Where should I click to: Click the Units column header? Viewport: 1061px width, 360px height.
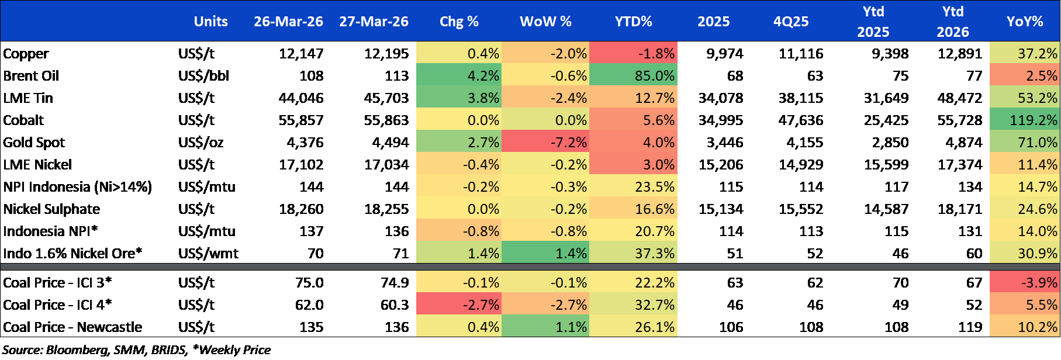pyautogui.click(x=210, y=22)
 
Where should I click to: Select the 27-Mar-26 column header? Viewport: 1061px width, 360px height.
pyautogui.click(x=374, y=22)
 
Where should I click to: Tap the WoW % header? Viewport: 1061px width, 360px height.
pyautogui.click(x=545, y=22)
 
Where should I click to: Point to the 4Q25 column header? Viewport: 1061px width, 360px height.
pyautogui.click(x=791, y=22)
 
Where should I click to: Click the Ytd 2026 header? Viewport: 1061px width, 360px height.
pyautogui.click(x=952, y=22)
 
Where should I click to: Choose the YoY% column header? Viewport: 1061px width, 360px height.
pyautogui.click(x=1024, y=22)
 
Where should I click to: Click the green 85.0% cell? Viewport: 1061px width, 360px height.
pyautogui.click(x=634, y=76)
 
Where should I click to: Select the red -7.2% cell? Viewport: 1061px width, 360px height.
pyautogui.click(x=545, y=143)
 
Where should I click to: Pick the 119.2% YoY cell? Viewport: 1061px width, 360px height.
pyautogui.click(x=1024, y=120)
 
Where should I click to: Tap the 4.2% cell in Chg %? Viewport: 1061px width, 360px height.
pyautogui.click(x=459, y=76)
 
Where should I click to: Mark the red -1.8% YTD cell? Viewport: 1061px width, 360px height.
pyautogui.click(x=634, y=54)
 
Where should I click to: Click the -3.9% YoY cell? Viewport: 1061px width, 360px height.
pyautogui.click(x=1024, y=283)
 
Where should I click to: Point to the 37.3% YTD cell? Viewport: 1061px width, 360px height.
pyautogui.click(x=634, y=254)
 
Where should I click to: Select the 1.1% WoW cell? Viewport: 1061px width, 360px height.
pyautogui.click(x=545, y=327)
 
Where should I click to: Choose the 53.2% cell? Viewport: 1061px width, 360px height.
pyautogui.click(x=1024, y=98)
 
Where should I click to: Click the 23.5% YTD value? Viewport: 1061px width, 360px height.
pyautogui.click(x=634, y=187)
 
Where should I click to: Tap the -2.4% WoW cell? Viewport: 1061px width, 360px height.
pyautogui.click(x=545, y=98)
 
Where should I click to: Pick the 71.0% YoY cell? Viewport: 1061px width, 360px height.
pyautogui.click(x=1024, y=143)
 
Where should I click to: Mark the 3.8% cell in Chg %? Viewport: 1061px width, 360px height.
pyautogui.click(x=459, y=98)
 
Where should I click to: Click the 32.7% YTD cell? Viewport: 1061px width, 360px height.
pyautogui.click(x=634, y=305)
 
